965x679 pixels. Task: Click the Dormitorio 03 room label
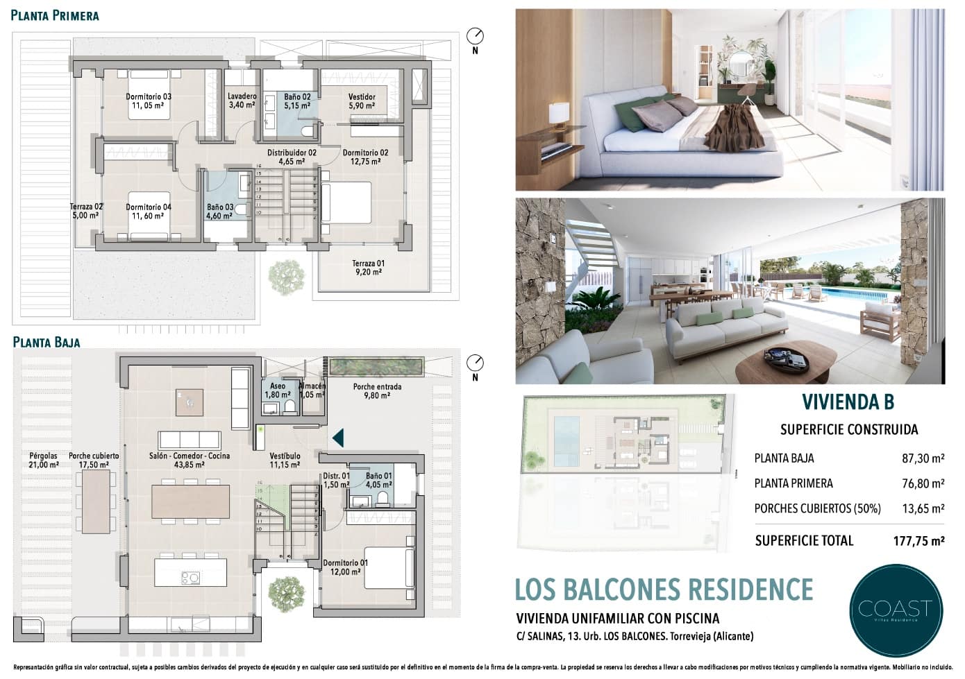tap(148, 101)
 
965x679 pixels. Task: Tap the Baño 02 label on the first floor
tap(296, 101)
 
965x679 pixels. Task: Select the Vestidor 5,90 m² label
tap(362, 101)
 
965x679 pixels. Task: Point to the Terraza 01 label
tap(367, 268)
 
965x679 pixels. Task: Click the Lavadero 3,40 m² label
tap(242, 101)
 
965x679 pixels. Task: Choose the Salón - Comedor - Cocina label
tap(189, 461)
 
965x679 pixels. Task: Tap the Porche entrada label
tap(377, 391)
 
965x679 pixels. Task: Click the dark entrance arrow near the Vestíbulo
tap(337, 437)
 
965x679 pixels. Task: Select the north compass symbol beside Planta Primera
tap(476, 36)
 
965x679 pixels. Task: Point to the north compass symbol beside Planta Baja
tap(476, 363)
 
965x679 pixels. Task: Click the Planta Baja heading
tap(47, 342)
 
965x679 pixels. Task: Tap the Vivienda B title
tap(848, 402)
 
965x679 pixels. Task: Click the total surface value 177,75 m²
tap(918, 541)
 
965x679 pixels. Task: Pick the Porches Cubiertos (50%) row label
tap(817, 508)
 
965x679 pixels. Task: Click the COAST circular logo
tap(896, 610)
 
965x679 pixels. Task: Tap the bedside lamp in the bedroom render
tap(558, 114)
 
